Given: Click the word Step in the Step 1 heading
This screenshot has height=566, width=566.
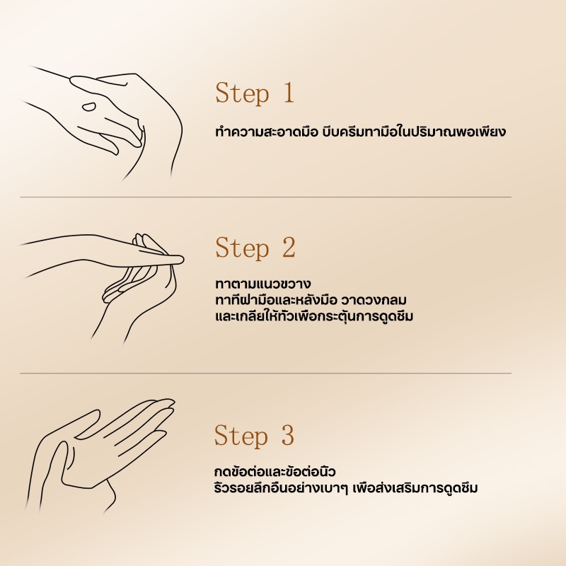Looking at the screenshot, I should (x=242, y=93).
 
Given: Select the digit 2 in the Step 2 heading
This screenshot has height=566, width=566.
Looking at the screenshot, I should (x=287, y=248).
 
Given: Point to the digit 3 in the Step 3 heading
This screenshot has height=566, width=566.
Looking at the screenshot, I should (x=287, y=436).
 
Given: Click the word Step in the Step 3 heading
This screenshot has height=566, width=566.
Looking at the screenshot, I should (x=242, y=436).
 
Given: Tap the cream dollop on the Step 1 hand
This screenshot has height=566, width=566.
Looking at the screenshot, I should (x=88, y=107).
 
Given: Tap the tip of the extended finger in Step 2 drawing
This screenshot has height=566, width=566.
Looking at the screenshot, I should (x=181, y=259).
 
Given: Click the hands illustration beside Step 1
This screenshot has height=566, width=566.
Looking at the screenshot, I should (x=106, y=120).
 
